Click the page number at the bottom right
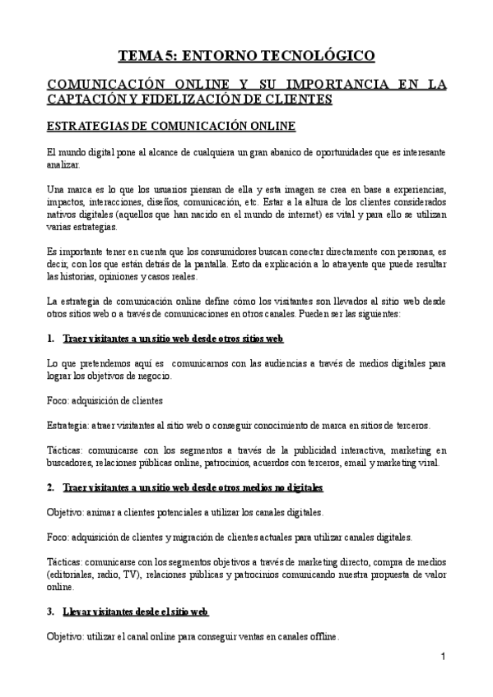click(x=443, y=657)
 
